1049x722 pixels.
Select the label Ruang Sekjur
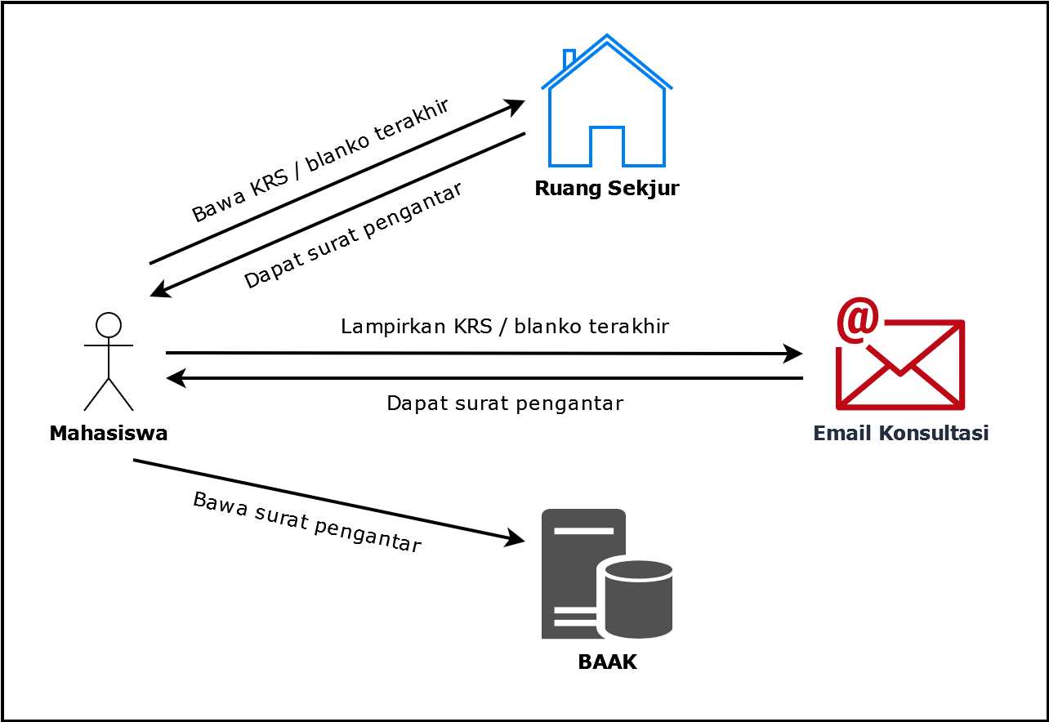click(607, 188)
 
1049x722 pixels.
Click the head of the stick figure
click(109, 325)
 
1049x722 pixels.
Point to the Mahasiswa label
click(109, 433)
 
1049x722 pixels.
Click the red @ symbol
click(858, 320)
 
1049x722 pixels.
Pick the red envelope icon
click(900, 365)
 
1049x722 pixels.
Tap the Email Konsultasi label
click(901, 433)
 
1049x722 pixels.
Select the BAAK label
click(607, 662)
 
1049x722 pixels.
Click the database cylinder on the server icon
click(639, 599)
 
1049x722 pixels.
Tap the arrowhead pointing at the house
click(514, 108)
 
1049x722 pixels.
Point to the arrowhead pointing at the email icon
click(792, 354)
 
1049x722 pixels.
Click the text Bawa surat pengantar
click(307, 523)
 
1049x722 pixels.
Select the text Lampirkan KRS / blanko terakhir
click(505, 327)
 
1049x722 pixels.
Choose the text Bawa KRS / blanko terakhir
click(321, 160)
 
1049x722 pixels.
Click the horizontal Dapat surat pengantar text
click(505, 403)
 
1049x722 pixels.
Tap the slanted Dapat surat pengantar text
click(353, 235)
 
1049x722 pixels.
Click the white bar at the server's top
click(583, 531)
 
